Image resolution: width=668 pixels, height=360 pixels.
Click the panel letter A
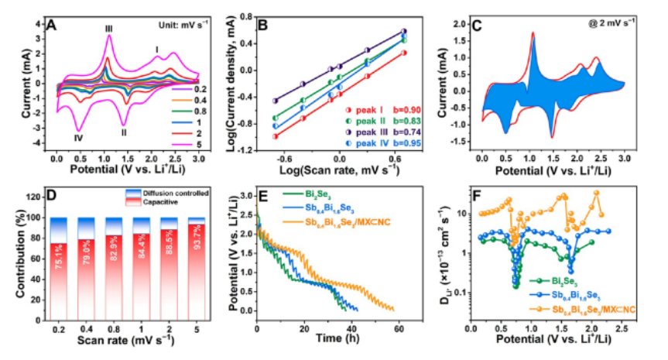[x=53, y=26]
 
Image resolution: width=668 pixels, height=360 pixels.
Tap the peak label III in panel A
[x=109, y=29]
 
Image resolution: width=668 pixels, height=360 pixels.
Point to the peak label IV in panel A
[x=78, y=139]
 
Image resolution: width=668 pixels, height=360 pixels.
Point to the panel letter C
[x=478, y=26]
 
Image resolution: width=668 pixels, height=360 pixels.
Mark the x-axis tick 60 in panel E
[x=399, y=319]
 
